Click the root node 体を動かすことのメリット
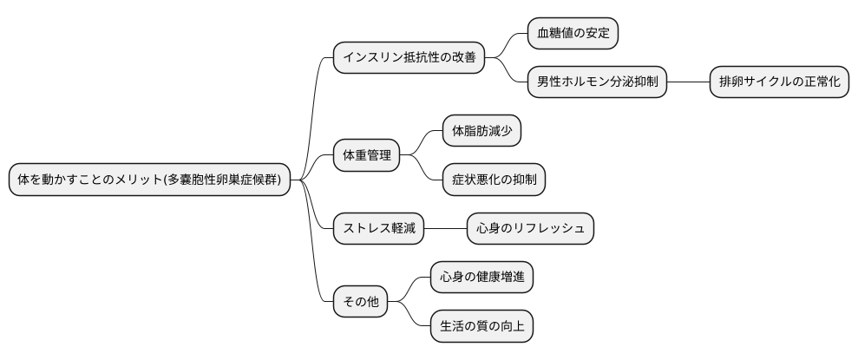click(x=149, y=180)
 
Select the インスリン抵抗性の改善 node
click(x=409, y=57)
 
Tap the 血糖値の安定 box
click(x=573, y=34)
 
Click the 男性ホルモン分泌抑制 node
click(x=597, y=82)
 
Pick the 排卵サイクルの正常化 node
click(x=779, y=82)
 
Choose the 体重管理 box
click(x=366, y=156)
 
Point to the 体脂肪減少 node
click(x=481, y=132)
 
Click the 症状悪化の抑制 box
click(x=494, y=180)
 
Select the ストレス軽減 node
click(x=379, y=229)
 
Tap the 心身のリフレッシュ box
click(x=530, y=229)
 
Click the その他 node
click(x=361, y=302)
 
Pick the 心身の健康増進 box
click(x=481, y=278)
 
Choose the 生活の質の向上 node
click(x=481, y=326)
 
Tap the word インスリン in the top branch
click(x=370, y=57)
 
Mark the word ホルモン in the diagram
click(x=589, y=82)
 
